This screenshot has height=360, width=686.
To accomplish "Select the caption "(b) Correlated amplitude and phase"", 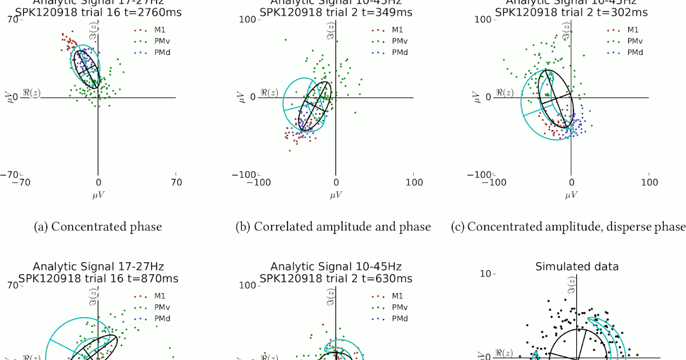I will (x=333, y=227).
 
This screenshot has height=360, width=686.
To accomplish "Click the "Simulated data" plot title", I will (x=577, y=266).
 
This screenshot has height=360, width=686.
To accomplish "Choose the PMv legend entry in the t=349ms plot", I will (x=393, y=41).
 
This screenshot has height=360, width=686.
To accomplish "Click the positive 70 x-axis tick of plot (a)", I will (x=176, y=183).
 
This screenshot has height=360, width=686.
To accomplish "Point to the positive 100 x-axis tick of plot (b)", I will (x=413, y=183).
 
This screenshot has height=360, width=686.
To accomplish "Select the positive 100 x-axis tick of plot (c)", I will (x=649, y=183).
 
